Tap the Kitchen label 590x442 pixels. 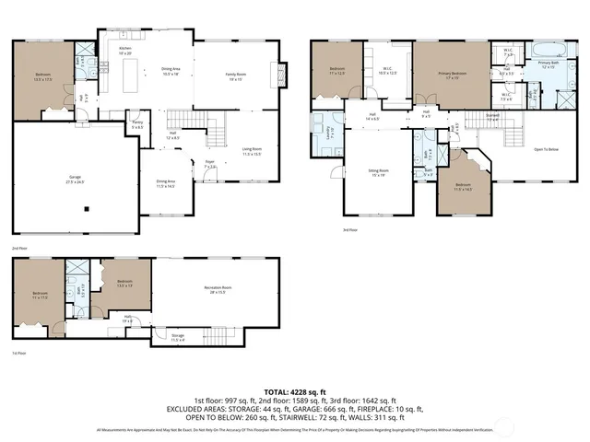click(x=125, y=48)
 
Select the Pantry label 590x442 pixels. click(x=136, y=123)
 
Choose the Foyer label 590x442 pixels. click(x=210, y=164)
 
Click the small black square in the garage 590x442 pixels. click(x=86, y=209)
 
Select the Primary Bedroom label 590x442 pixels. click(x=452, y=74)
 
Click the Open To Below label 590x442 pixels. click(x=547, y=149)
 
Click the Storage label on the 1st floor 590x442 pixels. click(x=178, y=337)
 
